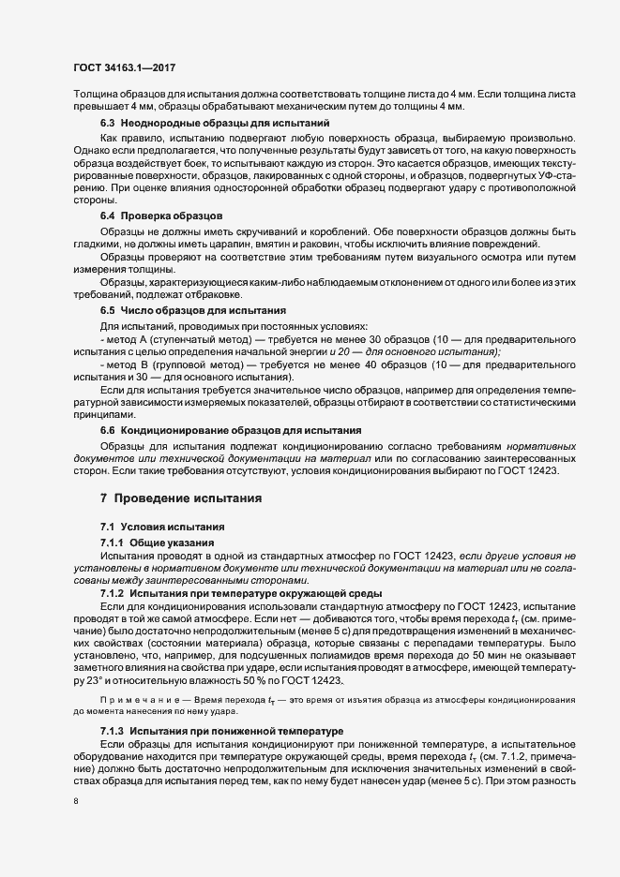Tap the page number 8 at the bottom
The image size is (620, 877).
pyautogui.click(x=75, y=801)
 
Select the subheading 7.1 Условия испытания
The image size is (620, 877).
pyautogui.click(x=162, y=528)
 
